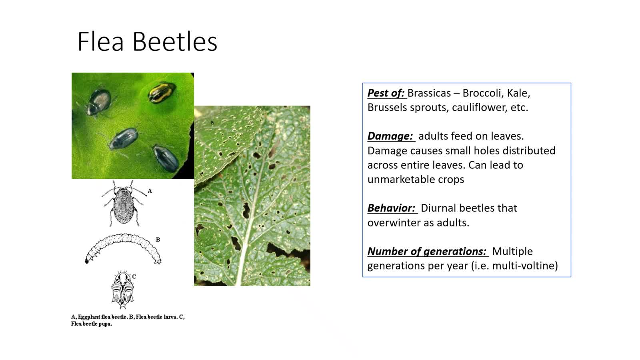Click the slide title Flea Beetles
[148, 42]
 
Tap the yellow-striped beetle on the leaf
[162, 92]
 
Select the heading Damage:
[390, 136]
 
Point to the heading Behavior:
[392, 208]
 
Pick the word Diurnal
[438, 208]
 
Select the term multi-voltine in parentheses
[524, 266]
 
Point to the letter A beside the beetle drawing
[150, 191]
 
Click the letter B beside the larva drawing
[158, 240]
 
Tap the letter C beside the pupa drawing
[134, 276]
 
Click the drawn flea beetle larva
[123, 248]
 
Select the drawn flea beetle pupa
[122, 290]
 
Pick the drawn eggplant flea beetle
[124, 204]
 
